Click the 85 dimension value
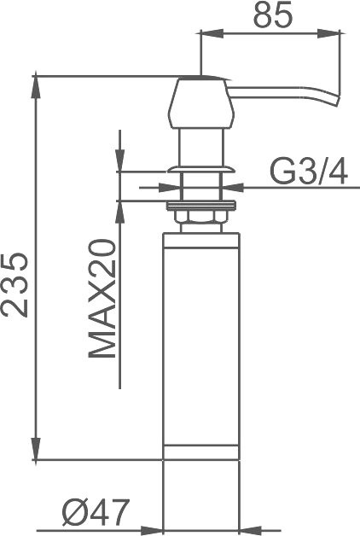click(x=273, y=15)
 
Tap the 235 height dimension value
click(x=14, y=285)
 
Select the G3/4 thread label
click(x=309, y=172)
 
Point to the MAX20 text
click(x=102, y=299)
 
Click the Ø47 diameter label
click(x=96, y=512)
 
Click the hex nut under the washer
click(x=200, y=217)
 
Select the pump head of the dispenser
click(x=201, y=102)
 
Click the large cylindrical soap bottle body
click(x=201, y=346)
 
